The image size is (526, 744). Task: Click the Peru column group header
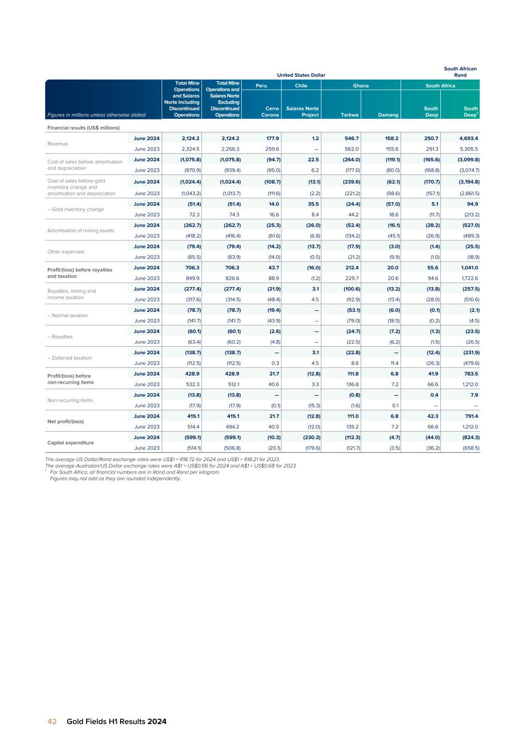pyautogui.click(x=261, y=86)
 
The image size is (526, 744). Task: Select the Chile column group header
pyautogui.click(x=301, y=86)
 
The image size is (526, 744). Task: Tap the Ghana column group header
pyautogui.click(x=361, y=86)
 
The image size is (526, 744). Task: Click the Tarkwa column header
pyautogui.click(x=349, y=115)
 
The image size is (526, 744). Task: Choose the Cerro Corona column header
pyautogui.click(x=270, y=112)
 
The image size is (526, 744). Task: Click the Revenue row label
pyautogui.click(x=58, y=144)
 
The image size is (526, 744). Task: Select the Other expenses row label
pyautogui.click(x=66, y=252)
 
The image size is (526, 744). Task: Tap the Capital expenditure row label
pyautogui.click(x=70, y=443)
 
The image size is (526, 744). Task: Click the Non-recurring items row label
pyautogui.click(x=70, y=401)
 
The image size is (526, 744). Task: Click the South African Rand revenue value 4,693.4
pyautogui.click(x=468, y=138)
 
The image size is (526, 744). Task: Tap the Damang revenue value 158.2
pyautogui.click(x=391, y=138)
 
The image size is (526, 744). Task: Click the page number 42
pyautogui.click(x=52, y=722)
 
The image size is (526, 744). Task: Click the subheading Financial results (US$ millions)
pyautogui.click(x=83, y=128)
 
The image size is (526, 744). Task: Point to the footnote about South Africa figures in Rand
pyautogui.click(x=135, y=472)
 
